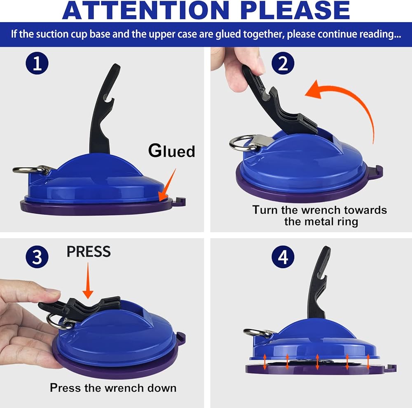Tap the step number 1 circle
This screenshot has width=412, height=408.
37,63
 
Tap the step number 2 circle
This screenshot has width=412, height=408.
283,63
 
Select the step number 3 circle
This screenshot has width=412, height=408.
37,257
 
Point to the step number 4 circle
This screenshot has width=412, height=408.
283,257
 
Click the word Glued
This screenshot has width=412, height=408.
171,151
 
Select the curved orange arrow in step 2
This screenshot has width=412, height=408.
349,103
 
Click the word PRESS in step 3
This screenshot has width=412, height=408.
89,252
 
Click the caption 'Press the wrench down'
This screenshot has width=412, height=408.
113,388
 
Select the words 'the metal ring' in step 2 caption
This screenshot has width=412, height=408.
321,222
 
